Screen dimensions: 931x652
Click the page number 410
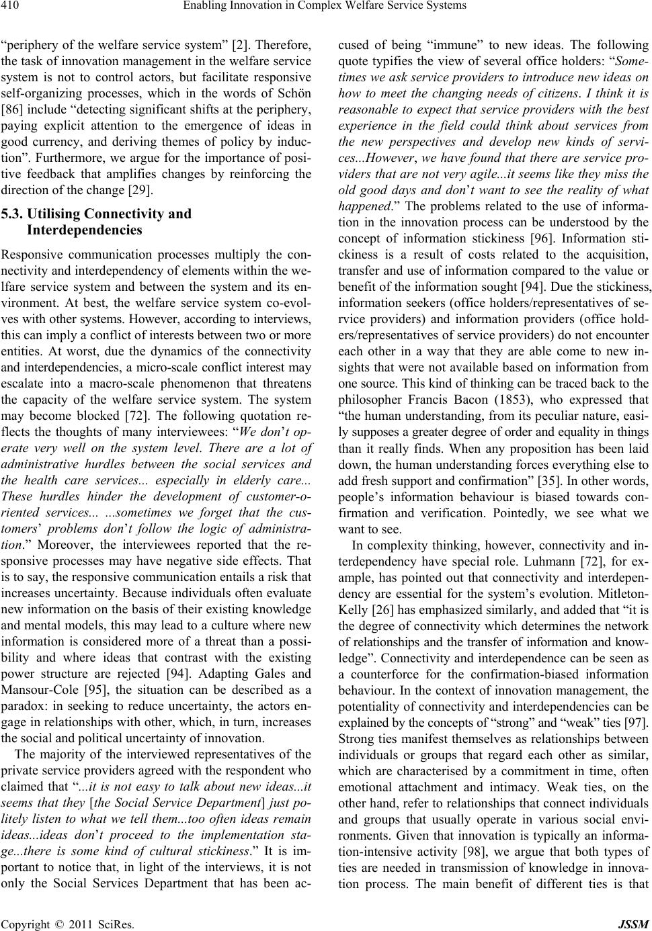click(13, 7)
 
